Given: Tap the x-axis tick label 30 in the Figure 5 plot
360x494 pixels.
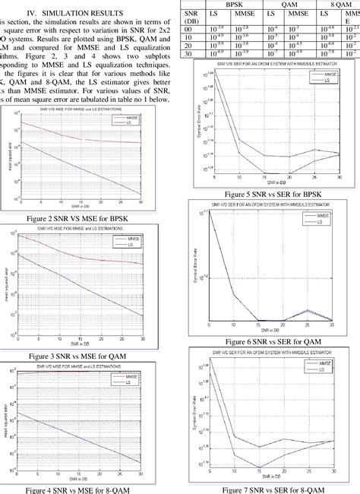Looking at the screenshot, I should tap(339, 177).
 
